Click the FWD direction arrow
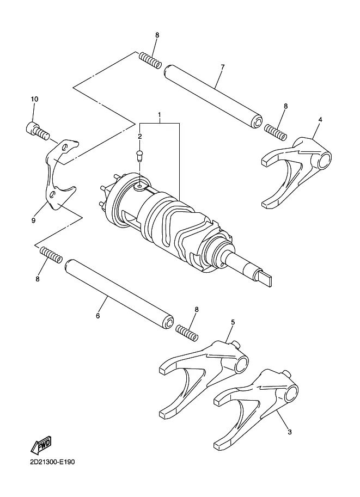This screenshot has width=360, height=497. click(41, 445)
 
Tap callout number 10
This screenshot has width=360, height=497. click(34, 99)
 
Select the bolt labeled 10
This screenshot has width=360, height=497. click(38, 131)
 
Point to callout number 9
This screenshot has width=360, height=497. click(33, 220)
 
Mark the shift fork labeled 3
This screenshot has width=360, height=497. click(255, 409)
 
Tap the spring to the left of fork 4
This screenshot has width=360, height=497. click(276, 132)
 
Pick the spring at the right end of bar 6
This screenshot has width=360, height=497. click(187, 333)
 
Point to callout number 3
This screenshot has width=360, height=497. click(289, 432)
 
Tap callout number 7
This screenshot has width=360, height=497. click(223, 67)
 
